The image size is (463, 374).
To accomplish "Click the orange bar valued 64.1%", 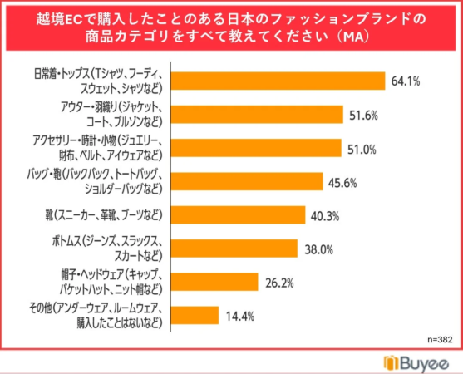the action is click(278, 81).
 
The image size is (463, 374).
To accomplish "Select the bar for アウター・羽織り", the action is click(257, 114).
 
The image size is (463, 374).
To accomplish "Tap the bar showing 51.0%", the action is click(256, 148).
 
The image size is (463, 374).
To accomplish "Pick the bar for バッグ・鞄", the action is click(247, 181).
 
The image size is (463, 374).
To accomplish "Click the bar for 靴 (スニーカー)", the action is click(239, 215).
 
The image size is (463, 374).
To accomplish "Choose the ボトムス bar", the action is click(234, 249).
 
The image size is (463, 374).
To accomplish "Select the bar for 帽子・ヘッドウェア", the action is click(214, 282).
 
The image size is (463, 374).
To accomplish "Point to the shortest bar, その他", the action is click(195, 315).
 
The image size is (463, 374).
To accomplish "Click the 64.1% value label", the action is click(406, 81).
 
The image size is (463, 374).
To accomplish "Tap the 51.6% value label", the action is click(363, 116).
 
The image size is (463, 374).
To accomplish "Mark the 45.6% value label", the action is click(342, 183).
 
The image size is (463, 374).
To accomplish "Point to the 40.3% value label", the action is click(325, 217).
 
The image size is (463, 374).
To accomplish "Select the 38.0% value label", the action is click(319, 250).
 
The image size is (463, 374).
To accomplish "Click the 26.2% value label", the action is click(279, 283).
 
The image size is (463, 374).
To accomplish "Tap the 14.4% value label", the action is click(240, 317).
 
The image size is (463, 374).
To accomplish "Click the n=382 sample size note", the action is click(440, 340).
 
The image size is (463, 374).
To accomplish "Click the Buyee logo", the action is click(416, 363).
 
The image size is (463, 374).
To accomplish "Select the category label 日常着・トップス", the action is click(62, 74).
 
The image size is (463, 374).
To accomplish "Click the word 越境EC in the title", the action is click(59, 19).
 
